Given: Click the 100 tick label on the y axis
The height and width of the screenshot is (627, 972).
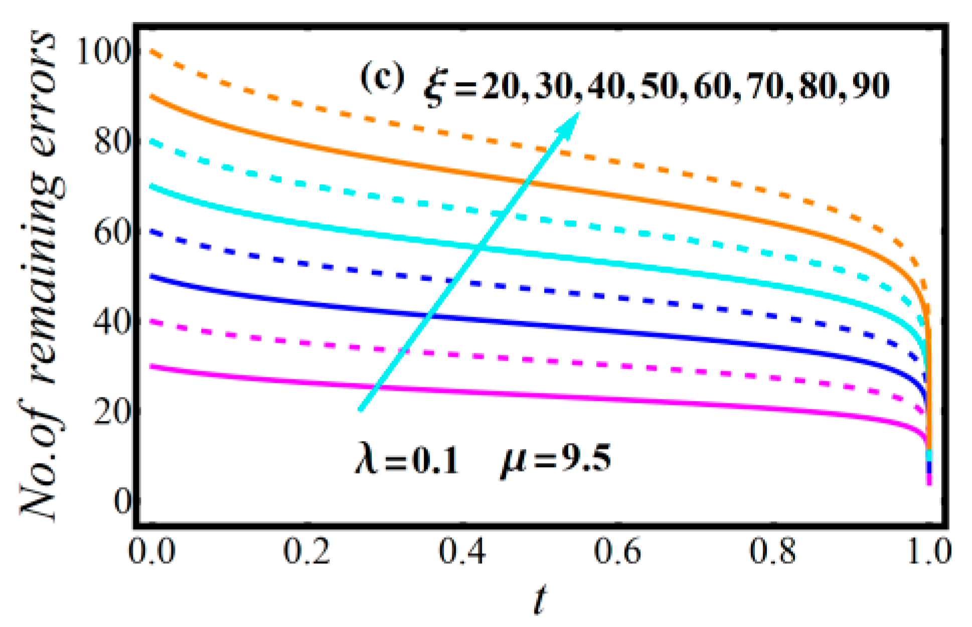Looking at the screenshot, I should pos(103,52).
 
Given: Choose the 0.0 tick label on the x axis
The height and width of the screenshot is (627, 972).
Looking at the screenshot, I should pos(152,552).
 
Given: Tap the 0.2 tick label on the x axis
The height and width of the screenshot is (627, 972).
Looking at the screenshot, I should pos(307,552).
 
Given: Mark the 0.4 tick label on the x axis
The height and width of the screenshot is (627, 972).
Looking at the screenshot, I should pos(462,552).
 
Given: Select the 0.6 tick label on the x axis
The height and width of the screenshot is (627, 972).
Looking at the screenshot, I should pos(618,552).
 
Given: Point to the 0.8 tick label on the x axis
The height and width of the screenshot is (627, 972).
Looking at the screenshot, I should pos(773,552).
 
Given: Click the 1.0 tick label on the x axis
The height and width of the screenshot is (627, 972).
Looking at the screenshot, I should pos(928,552).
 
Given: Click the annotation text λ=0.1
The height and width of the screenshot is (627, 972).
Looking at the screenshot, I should pos(407,459).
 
